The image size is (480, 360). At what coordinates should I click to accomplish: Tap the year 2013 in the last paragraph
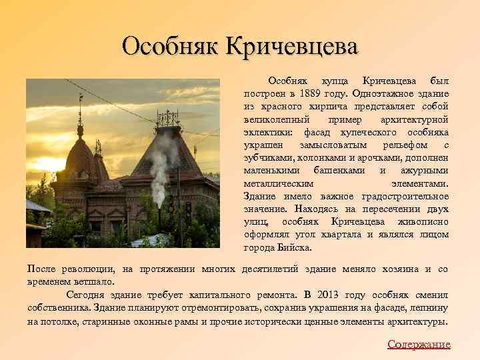(x=328, y=293)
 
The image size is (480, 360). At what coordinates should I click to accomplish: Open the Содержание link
(x=419, y=344)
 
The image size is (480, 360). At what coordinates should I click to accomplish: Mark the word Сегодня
(x=87, y=293)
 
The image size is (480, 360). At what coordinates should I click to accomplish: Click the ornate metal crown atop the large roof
(x=167, y=119)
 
